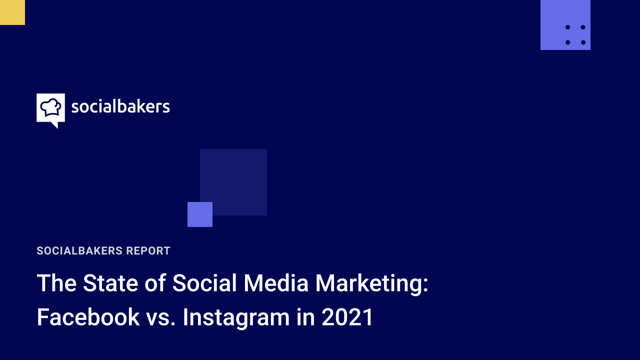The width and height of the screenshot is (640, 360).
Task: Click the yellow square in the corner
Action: pyautogui.click(x=12, y=12)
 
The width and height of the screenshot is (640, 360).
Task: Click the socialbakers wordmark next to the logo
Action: pyautogui.click(x=120, y=106)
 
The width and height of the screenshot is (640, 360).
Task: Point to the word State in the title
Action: pyautogui.click(x=110, y=283)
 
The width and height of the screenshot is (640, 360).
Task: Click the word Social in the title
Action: pyautogui.click(x=204, y=283)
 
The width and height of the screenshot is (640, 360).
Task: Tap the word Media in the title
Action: pyautogui.click(x=276, y=283)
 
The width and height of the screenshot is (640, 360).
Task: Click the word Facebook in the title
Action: pyautogui.click(x=88, y=317)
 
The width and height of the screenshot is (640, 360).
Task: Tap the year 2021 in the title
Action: pyautogui.click(x=347, y=317)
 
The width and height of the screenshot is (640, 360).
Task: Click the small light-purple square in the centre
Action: pyautogui.click(x=199, y=214)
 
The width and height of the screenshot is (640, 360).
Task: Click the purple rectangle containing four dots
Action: pyautogui.click(x=565, y=25)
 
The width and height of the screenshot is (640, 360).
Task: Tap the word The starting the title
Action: pyautogui.click(x=56, y=283)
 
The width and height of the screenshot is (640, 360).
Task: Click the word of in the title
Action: pyautogui.click(x=155, y=283)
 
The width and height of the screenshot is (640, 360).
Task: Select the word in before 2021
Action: pyautogui.click(x=305, y=317)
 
